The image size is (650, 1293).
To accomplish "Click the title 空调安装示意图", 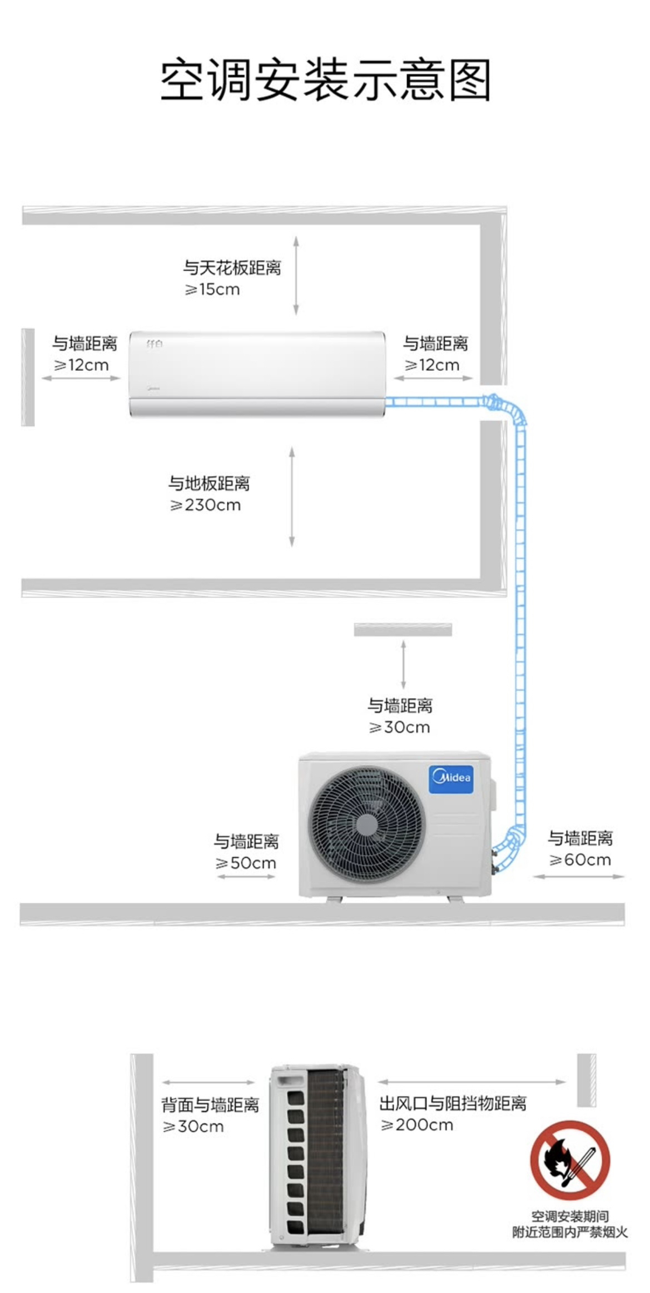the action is pos(325,81).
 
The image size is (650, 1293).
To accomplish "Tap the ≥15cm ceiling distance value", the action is pos(212,289).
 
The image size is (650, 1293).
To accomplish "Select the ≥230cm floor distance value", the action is pos(206,505).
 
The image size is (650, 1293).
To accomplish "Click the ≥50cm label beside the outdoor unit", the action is pos(246,863).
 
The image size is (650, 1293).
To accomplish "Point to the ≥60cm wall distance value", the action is pos(580,859).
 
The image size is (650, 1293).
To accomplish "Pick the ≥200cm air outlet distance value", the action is pos(416,1125).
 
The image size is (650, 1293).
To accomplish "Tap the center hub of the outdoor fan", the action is pos(367,823).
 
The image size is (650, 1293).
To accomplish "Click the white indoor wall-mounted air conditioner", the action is pos(257,374).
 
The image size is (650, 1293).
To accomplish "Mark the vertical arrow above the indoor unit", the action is pos(296,276).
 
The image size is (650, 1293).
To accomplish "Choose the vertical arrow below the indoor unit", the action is pos(292,496).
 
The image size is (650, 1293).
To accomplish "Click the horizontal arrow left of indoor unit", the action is pos(81,378).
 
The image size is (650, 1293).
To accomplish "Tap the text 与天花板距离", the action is pos(232,267).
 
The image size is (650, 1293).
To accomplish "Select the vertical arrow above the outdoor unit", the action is pos(403,664).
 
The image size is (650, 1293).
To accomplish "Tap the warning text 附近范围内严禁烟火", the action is pos(570,1232).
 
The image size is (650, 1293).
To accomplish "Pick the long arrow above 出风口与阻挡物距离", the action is pos(472,1082).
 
